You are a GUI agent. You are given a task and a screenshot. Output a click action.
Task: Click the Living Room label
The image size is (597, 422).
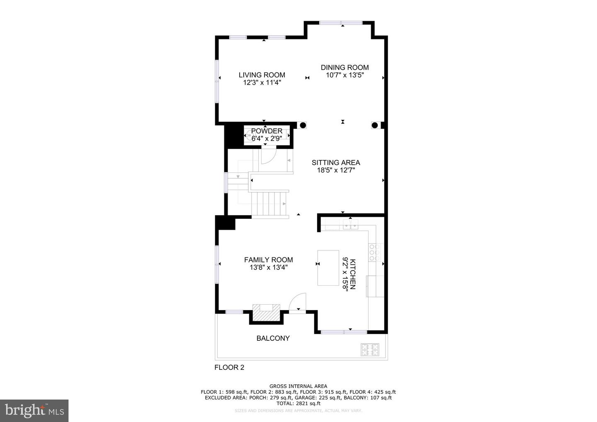[262, 75]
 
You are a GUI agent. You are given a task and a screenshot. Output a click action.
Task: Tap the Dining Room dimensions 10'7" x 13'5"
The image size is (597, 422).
[345, 75]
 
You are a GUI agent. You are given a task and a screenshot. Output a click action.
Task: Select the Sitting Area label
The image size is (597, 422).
[336, 162]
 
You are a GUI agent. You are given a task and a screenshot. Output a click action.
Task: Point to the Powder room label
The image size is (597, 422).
[267, 131]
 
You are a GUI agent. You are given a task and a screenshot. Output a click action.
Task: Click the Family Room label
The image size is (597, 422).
[268, 260]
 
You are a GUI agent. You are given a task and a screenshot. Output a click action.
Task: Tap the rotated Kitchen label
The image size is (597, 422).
[352, 274]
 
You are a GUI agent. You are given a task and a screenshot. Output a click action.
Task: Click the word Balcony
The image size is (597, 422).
[273, 338]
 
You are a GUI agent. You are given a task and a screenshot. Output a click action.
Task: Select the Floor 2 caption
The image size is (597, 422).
[229, 367]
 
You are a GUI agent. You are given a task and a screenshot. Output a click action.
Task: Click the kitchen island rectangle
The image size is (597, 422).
[328, 268]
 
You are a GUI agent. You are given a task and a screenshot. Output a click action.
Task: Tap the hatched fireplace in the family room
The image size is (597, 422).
[266, 313]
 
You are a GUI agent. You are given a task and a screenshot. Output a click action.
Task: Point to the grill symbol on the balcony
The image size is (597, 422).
[370, 349]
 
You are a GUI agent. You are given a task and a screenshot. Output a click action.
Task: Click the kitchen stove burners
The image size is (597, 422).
[374, 252]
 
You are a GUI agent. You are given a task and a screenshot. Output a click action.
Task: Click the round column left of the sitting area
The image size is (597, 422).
[303, 125]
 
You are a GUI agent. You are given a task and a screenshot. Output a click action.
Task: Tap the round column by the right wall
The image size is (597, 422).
[375, 125]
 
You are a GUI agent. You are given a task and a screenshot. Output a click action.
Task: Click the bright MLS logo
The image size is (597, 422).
[34, 410]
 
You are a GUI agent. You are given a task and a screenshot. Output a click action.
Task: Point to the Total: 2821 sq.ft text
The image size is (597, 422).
[298, 403]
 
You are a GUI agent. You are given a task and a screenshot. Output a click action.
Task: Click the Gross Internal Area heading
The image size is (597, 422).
[298, 386]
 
